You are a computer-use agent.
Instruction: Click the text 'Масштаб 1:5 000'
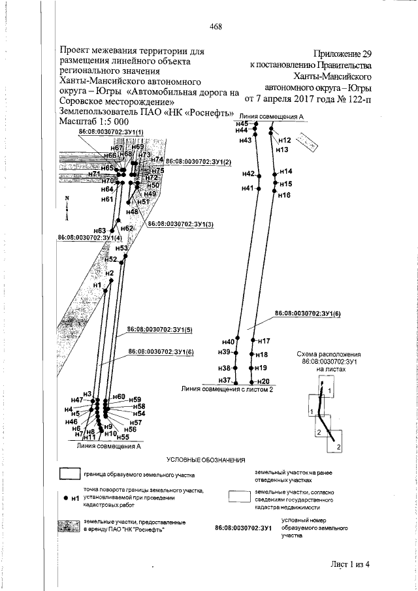coord(93,122)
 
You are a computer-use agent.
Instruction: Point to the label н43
coord(246,140)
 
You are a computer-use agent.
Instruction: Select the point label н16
coord(283,195)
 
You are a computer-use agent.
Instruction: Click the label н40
coord(228,342)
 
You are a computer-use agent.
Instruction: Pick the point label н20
coord(263,381)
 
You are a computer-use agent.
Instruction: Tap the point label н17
coord(263,341)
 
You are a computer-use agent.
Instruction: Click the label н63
coord(100,231)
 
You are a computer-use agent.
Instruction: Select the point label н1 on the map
coord(98,285)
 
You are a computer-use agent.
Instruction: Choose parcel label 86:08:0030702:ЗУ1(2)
coord(199,161)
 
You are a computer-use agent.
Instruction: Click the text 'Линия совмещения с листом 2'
coord(227,389)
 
